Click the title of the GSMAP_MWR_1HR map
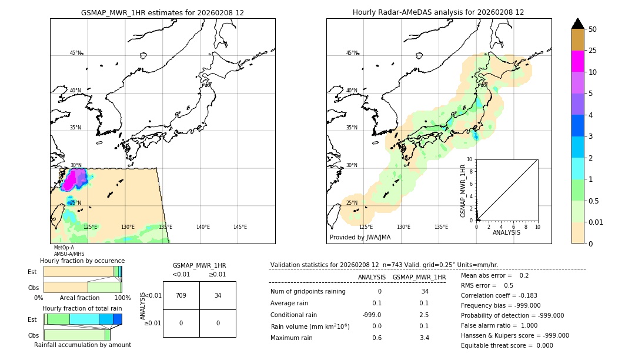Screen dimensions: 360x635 [162, 12]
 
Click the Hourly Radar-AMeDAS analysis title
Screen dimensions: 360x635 [438, 12]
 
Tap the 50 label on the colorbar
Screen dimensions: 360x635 [593, 29]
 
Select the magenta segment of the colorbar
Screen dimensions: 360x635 [577, 61]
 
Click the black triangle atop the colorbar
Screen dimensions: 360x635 [577, 24]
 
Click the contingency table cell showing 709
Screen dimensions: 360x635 [181, 295]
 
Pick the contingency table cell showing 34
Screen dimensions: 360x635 [218, 295]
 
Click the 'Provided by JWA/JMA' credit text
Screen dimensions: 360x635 [360, 238]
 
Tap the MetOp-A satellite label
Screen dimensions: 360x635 [63, 248]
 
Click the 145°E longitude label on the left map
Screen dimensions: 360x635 [240, 227]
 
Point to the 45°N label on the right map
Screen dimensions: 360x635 [352, 53]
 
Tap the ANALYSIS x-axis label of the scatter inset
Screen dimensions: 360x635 [506, 232]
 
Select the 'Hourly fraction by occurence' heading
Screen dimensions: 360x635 [82, 261]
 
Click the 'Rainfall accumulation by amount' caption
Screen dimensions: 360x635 [82, 345]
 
